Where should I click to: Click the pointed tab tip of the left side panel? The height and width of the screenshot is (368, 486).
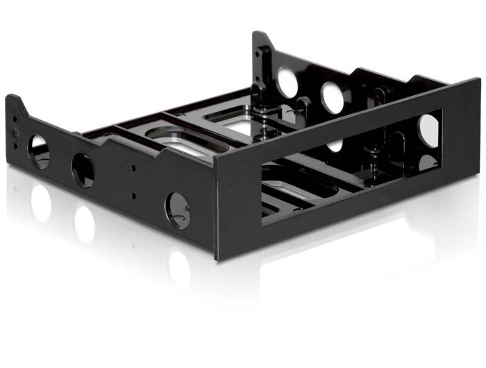coord(15,98)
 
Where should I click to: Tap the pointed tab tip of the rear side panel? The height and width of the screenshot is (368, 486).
coord(258,35)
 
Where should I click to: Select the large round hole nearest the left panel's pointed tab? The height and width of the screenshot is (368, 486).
coord(40,151)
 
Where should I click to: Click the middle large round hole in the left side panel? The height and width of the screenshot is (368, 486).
coord(83,169)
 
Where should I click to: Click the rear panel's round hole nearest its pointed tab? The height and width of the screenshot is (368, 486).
coord(286,82)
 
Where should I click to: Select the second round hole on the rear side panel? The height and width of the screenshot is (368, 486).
coord(332,98)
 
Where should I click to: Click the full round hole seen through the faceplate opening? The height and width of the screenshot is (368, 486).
coord(428,129)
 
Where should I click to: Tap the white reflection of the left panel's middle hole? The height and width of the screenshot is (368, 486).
coord(85,224)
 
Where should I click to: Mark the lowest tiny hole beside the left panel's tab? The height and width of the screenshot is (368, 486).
coord(15,138)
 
